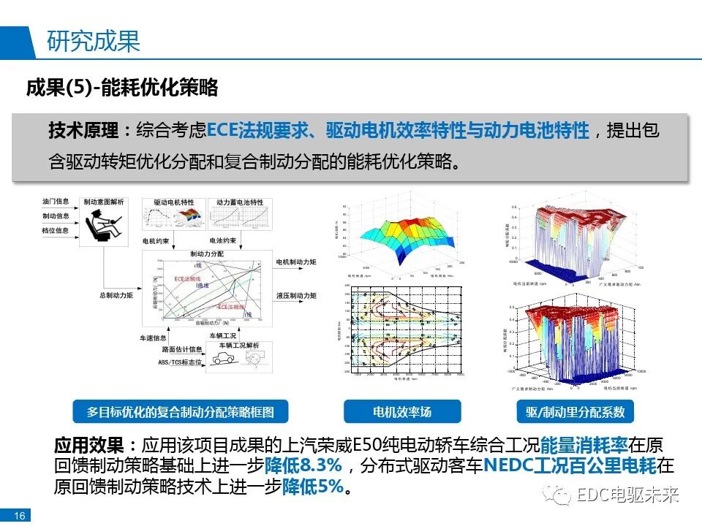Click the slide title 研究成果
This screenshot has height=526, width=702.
[x=93, y=42]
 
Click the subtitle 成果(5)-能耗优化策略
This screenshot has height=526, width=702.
[x=122, y=89]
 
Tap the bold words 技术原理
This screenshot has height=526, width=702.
[x=83, y=131]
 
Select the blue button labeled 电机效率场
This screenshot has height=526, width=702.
[x=402, y=412]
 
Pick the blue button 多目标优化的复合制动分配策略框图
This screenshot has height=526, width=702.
[x=181, y=412]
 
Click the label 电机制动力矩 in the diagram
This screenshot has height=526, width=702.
[x=296, y=262]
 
